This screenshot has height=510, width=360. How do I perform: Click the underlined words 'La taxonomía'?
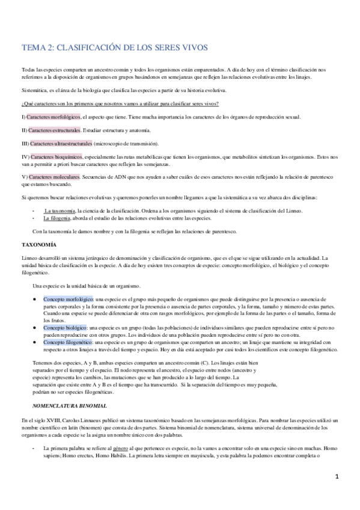point(59,211)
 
